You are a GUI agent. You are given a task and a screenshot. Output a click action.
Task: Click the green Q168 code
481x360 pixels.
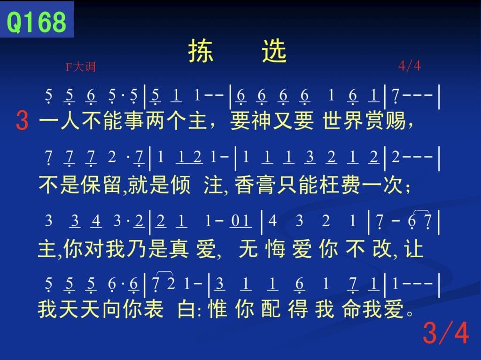(x=36, y=22)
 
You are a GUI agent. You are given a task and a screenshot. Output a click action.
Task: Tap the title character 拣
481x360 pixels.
(x=200, y=51)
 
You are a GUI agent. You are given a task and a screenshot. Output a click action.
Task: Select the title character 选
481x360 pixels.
(x=274, y=51)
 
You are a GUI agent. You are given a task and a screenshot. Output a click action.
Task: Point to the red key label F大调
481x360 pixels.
(x=81, y=67)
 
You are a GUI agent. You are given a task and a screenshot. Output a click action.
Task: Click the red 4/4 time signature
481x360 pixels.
(x=410, y=66)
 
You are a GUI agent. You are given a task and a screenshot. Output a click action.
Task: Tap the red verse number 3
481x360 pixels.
(x=22, y=121)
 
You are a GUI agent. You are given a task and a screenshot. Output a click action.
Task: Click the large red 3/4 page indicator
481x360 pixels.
(x=446, y=333)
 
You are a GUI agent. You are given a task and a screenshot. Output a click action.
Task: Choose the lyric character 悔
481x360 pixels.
(x=275, y=248)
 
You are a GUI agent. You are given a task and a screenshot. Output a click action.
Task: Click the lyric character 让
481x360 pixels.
(x=414, y=248)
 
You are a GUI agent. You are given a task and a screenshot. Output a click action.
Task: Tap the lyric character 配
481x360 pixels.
(x=271, y=308)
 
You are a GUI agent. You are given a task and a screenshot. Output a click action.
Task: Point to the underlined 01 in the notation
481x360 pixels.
(x=241, y=221)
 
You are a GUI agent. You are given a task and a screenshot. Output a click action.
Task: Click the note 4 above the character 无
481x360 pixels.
(x=272, y=221)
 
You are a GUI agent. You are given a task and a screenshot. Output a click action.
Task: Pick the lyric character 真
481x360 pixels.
(x=178, y=248)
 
